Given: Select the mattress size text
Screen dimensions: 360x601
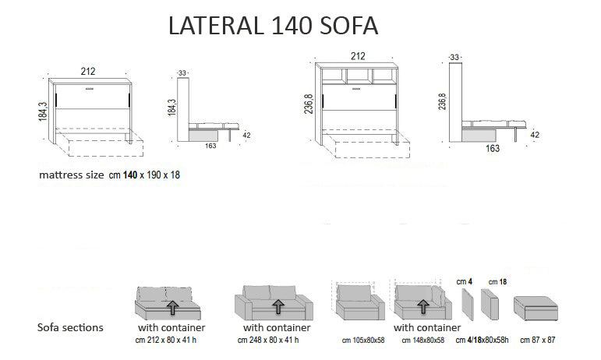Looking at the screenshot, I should point(110,175).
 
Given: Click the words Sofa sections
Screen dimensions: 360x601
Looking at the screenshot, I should point(69,327).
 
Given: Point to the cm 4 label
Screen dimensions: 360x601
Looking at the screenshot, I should point(463,281).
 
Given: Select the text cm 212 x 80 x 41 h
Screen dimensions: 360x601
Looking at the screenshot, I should point(167,341).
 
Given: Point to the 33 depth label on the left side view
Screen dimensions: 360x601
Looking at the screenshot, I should point(183,73).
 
